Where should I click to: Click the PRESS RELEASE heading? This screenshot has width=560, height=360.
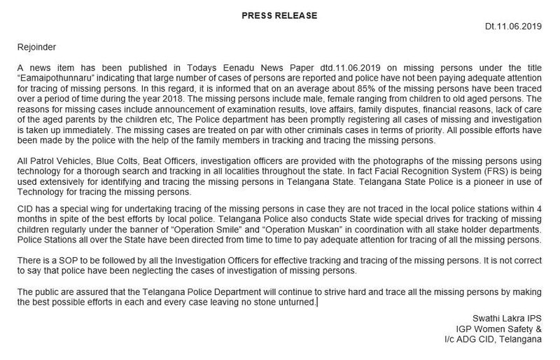click(x=279, y=14)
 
